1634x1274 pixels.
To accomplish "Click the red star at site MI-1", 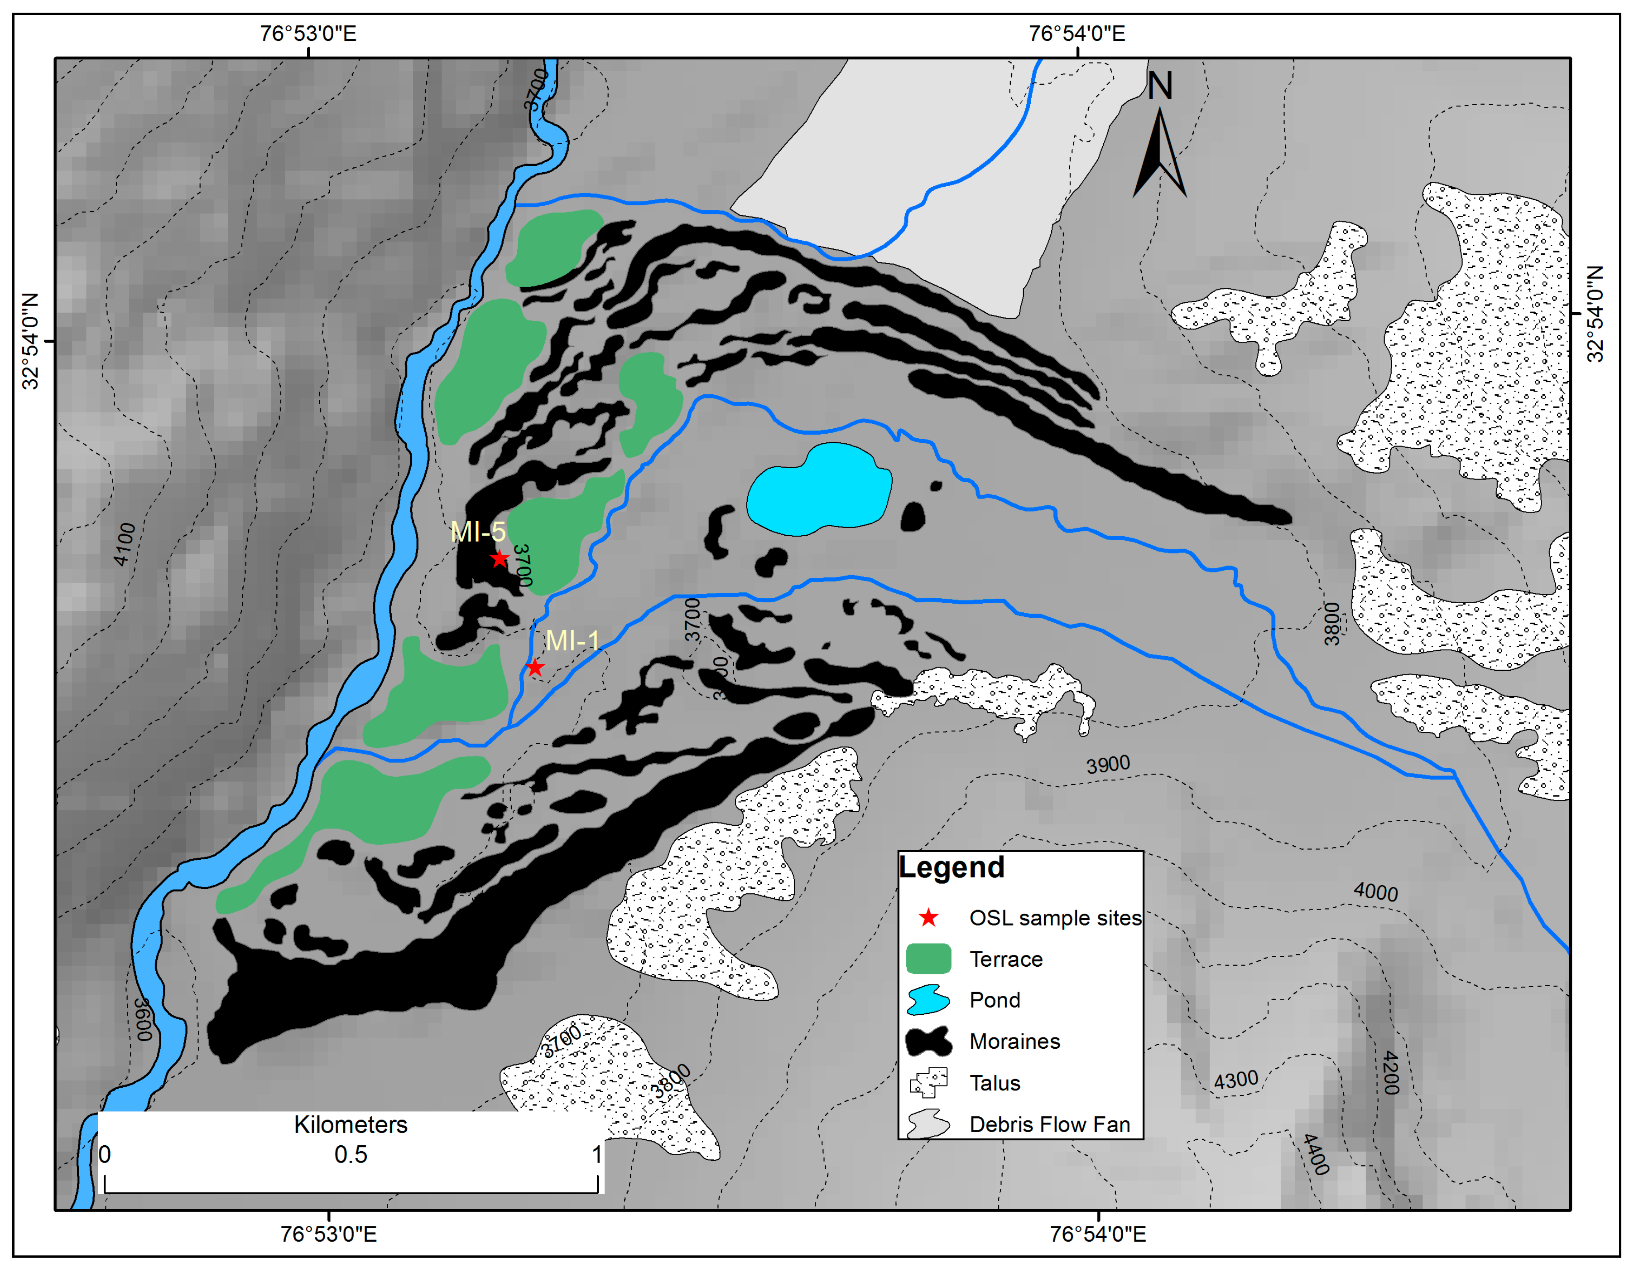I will click(x=534, y=667).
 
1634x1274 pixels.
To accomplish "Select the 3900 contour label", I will click(x=1108, y=764).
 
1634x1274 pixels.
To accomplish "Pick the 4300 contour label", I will click(x=1235, y=1080).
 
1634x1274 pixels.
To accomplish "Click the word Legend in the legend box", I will click(x=951, y=867).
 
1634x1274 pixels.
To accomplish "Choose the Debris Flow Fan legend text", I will click(x=1049, y=1124).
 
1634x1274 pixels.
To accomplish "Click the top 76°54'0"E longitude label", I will click(x=1076, y=34).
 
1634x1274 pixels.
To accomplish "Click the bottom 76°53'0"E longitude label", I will click(x=328, y=1234).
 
